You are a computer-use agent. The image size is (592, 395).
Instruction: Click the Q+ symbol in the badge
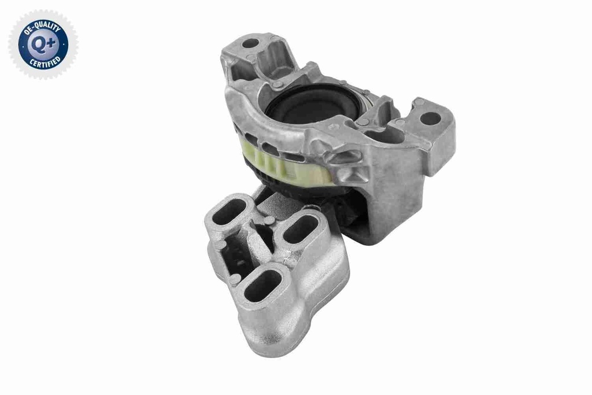[x=43, y=43]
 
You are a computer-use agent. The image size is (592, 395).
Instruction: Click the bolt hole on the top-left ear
[x=250, y=43]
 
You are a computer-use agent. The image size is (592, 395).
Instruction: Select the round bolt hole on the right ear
[x=430, y=119]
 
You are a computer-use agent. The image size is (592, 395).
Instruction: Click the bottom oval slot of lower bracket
[x=263, y=287]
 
